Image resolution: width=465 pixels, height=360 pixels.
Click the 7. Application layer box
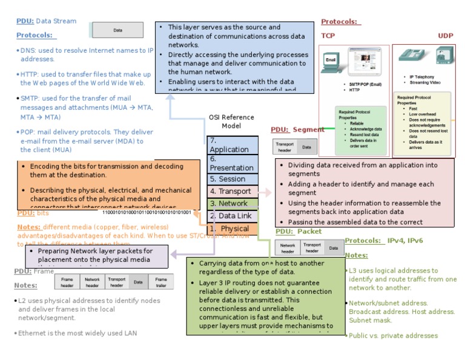tap(232, 145)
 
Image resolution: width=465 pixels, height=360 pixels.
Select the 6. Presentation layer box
tap(232, 164)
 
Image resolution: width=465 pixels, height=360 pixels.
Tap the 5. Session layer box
tap(232, 179)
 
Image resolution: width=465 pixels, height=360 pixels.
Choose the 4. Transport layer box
tap(232, 192)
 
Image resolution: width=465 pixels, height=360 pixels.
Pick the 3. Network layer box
tap(232, 204)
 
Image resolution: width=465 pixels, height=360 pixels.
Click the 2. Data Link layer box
tap(232, 216)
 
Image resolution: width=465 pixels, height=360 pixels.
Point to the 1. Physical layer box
tap(232, 228)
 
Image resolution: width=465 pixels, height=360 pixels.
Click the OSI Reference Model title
tap(231, 121)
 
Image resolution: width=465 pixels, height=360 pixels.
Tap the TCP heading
tap(328, 36)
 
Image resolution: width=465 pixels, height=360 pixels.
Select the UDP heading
tap(446, 36)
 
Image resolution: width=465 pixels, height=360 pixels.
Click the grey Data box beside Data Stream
tap(117, 30)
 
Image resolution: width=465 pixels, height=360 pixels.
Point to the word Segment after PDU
tap(309, 130)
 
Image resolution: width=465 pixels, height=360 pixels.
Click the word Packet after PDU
tap(310, 232)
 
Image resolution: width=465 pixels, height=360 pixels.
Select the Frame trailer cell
tap(160, 282)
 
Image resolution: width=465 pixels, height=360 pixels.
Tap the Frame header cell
tap(67, 282)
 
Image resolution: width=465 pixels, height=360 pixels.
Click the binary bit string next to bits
tap(147, 213)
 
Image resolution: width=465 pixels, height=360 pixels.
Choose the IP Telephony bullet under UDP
tap(421, 77)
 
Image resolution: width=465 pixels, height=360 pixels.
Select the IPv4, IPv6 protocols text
tap(405, 241)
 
